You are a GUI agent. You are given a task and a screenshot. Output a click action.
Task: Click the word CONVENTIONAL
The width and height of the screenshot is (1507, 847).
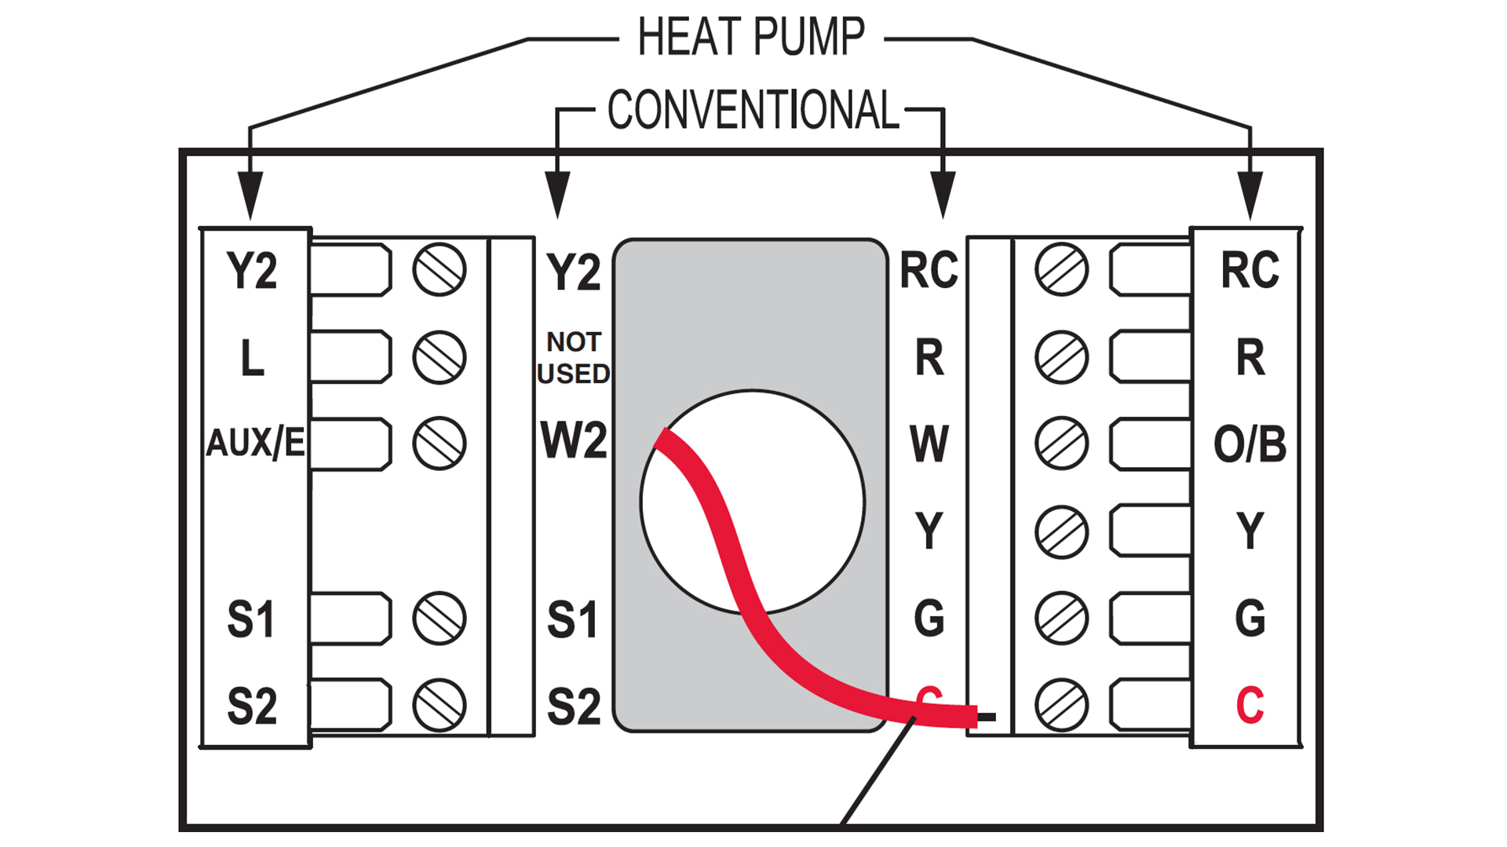click(753, 109)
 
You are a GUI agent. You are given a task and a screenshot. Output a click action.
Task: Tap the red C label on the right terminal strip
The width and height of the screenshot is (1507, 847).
click(1250, 705)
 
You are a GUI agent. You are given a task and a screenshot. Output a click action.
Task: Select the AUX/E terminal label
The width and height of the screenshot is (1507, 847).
click(255, 444)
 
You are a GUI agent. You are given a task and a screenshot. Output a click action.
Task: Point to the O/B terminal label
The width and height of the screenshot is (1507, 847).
click(1250, 444)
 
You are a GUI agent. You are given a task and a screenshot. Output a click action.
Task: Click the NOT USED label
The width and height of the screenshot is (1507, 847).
click(574, 357)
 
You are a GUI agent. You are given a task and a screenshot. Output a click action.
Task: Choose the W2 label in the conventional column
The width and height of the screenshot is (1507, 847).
click(574, 440)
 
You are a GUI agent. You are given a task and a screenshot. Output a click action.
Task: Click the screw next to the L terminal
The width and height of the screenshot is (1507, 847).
click(440, 357)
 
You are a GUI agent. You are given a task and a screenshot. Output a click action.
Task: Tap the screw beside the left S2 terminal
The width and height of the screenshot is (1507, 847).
click(440, 705)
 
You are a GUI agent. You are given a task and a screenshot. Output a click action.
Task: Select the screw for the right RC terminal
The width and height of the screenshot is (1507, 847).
click(1062, 270)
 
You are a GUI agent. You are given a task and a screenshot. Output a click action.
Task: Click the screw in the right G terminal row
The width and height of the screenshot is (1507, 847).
click(1062, 619)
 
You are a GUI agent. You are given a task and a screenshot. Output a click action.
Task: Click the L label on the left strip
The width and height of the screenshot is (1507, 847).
click(252, 358)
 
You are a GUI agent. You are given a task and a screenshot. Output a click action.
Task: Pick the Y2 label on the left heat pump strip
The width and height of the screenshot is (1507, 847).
click(252, 271)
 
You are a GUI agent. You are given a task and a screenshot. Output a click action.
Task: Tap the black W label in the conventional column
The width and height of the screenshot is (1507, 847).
click(929, 444)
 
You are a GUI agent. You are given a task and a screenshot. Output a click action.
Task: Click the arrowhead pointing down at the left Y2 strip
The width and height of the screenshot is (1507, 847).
click(250, 195)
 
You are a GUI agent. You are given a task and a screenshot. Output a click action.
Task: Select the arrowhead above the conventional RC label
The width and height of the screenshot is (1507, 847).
click(943, 195)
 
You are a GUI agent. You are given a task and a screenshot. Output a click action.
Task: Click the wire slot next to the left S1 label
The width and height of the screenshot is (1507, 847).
click(351, 619)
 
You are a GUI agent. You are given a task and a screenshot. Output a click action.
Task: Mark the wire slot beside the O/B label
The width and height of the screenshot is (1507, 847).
click(1151, 444)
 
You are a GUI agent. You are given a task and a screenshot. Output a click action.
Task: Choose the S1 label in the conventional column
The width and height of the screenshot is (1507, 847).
click(573, 619)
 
